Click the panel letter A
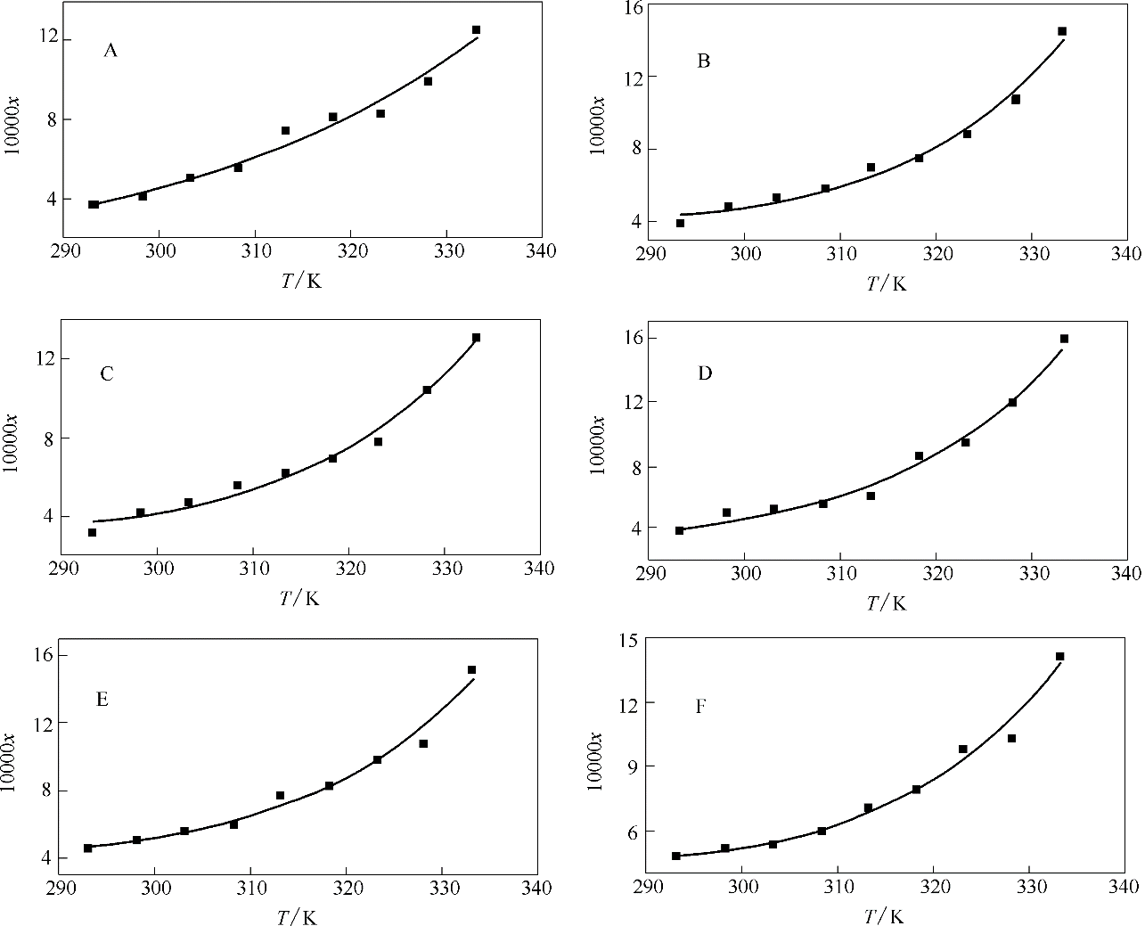[110, 51]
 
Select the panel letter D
[704, 373]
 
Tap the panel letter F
[701, 707]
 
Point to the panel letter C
[107, 373]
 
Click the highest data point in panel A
[476, 30]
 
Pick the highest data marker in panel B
[1062, 31]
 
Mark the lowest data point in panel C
[92, 532]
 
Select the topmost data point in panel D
[1064, 339]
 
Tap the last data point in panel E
[471, 669]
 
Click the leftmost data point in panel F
[675, 856]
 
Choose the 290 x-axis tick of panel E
[60, 888]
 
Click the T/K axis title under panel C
[299, 598]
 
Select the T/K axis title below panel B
[887, 283]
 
